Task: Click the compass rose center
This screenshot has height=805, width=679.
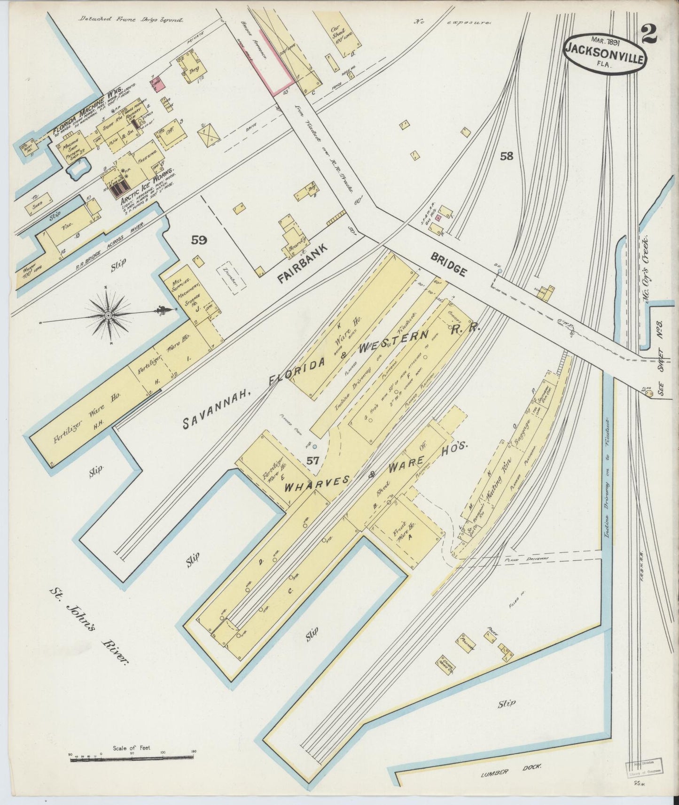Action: click(109, 316)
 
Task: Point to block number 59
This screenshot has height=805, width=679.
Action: click(199, 240)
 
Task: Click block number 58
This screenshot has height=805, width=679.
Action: click(507, 156)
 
